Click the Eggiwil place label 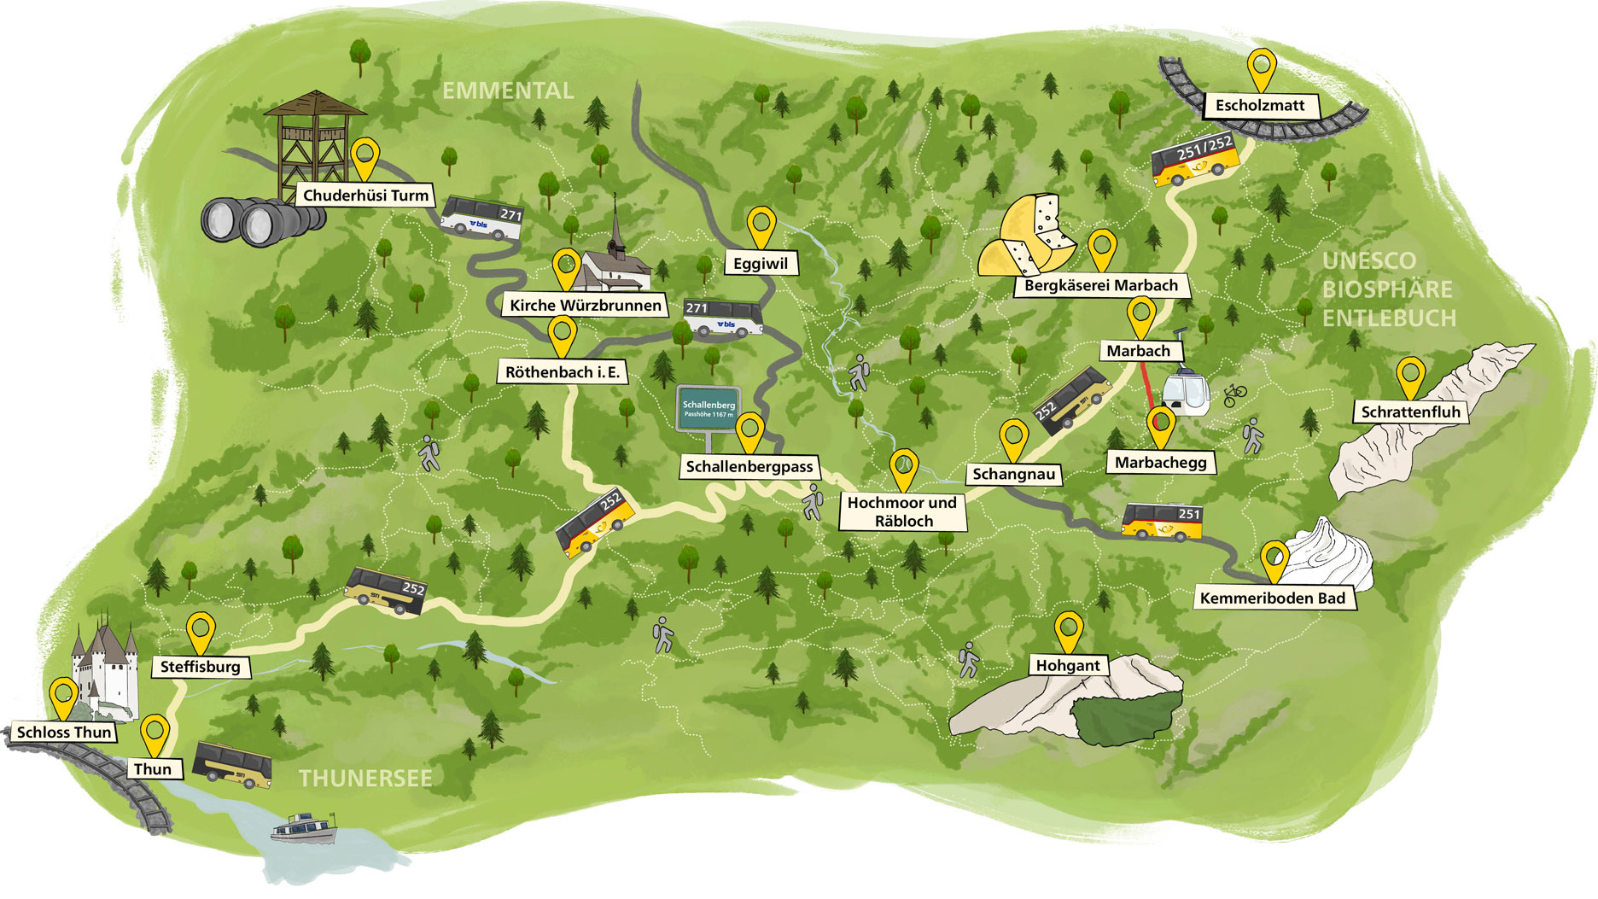pyautogui.click(x=761, y=264)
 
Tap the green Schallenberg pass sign pyautogui.click(x=709, y=408)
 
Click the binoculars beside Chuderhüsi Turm pyautogui.click(x=257, y=219)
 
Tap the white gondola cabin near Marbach pyautogui.click(x=1185, y=394)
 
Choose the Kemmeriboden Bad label pyautogui.click(x=1272, y=598)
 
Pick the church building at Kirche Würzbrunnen pyautogui.click(x=613, y=264)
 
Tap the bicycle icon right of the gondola pyautogui.click(x=1234, y=395)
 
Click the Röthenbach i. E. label pyautogui.click(x=563, y=372)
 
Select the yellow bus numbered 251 pyautogui.click(x=1162, y=521)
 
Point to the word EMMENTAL pyautogui.click(x=508, y=90)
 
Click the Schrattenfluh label pyautogui.click(x=1410, y=412)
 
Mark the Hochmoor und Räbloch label pyautogui.click(x=902, y=512)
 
